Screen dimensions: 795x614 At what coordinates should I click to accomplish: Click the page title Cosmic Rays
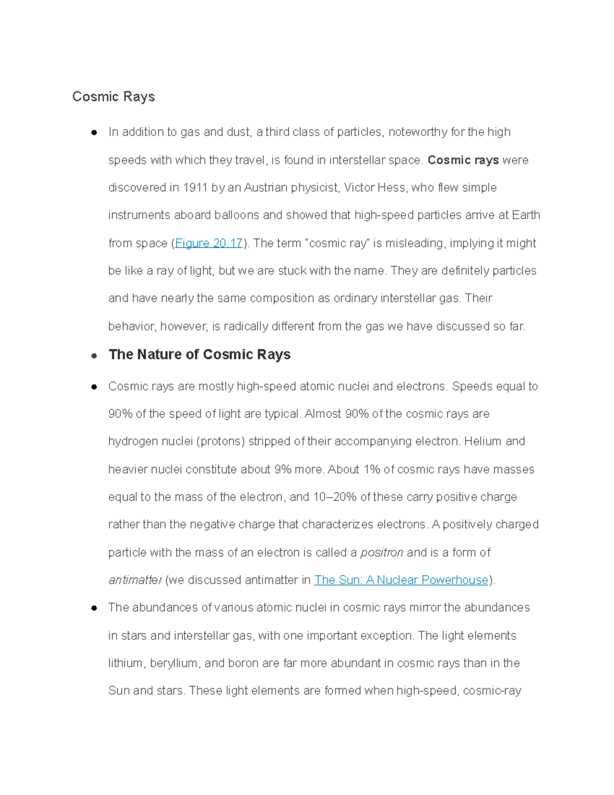pos(113,97)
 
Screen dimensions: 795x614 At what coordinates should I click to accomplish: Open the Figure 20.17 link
pos(208,243)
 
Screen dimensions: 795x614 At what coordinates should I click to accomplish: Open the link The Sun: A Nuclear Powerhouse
pos(401,580)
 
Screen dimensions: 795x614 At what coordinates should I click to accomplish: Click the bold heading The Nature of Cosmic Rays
pos(200,355)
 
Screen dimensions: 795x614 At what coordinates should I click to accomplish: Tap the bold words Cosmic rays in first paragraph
pos(463,160)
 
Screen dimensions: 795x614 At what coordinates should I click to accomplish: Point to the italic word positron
pos(382,552)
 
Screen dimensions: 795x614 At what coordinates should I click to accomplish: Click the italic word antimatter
pos(135,580)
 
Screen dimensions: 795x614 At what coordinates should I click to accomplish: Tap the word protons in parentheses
pos(221,442)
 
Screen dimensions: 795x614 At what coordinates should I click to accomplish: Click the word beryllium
pos(174,663)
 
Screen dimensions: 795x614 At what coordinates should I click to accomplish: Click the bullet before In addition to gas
pos(94,133)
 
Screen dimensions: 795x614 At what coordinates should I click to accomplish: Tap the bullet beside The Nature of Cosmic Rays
pos(94,355)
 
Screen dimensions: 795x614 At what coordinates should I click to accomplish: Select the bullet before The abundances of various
pos(94,608)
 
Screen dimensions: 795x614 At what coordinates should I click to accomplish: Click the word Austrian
pos(266,188)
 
